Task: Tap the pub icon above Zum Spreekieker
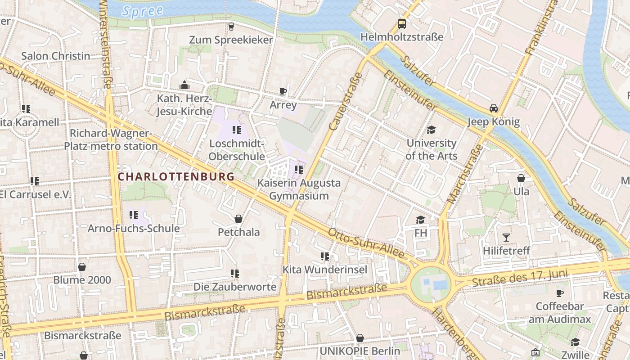[x=231, y=27]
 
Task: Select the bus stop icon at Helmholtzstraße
[x=401, y=24]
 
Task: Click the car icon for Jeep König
[x=493, y=108]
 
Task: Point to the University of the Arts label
[x=431, y=149]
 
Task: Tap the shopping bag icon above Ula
[x=521, y=179]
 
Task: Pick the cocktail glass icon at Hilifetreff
[x=506, y=237]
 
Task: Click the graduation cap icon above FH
[x=420, y=220]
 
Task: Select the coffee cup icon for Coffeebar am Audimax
[x=559, y=293]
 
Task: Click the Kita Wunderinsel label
[x=324, y=270]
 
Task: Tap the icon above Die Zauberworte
[x=234, y=274]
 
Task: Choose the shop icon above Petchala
[x=238, y=219]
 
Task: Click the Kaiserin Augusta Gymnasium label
[x=299, y=189]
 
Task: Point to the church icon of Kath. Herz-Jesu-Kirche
[x=184, y=85]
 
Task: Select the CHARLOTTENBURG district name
[x=176, y=177]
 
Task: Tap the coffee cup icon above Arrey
[x=283, y=92]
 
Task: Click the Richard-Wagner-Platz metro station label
[x=111, y=140]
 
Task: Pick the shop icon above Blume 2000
[x=82, y=267]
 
